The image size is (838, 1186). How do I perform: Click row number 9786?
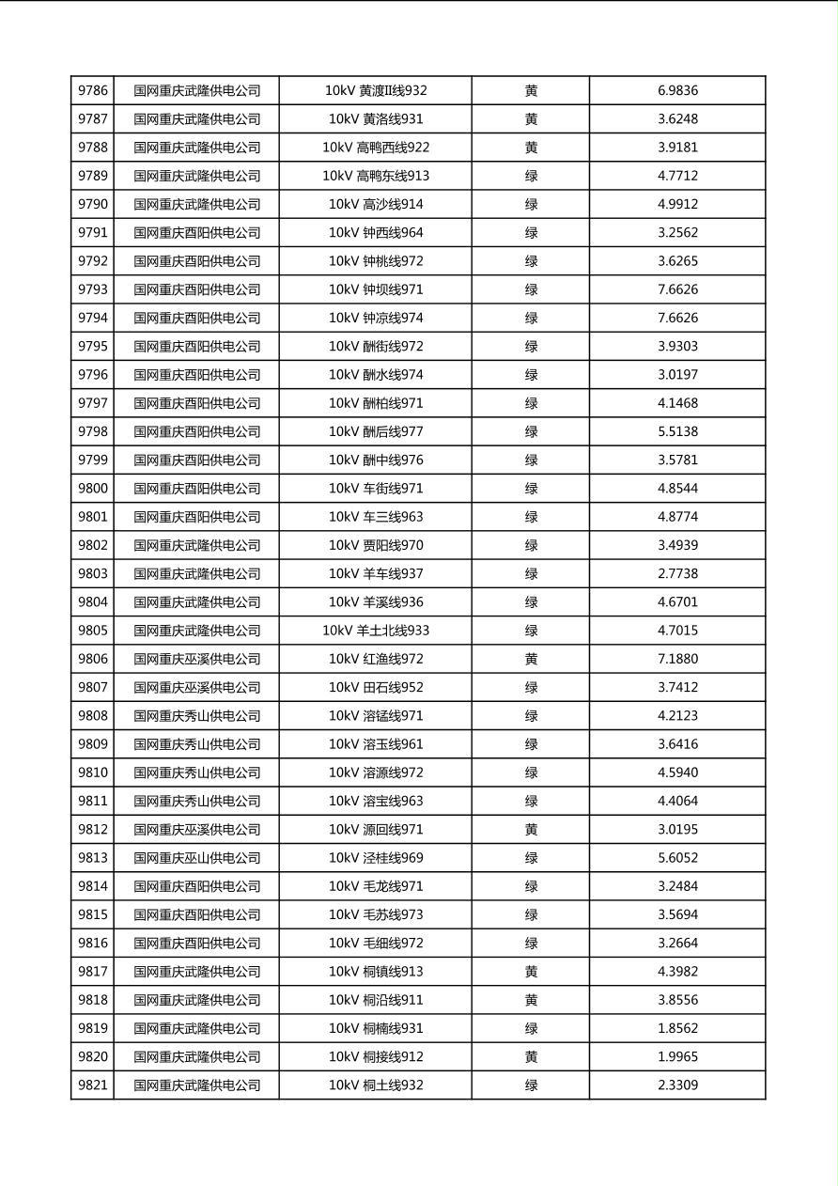pos(93,91)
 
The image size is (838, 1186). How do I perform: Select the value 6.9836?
pos(677,91)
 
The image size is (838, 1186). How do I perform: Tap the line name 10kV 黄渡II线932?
pos(376,91)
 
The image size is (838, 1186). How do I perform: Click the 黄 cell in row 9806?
pos(531,659)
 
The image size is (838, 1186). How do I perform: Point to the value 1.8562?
pos(677,1028)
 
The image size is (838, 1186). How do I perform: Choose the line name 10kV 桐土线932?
pos(376,1085)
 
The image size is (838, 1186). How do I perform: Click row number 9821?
pos(93,1085)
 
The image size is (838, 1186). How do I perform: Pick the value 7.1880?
pos(677,659)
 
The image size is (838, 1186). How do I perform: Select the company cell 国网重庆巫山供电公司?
pos(196,858)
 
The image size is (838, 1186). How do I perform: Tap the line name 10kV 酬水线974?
pos(376,375)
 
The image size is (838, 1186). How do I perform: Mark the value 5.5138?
pos(677,431)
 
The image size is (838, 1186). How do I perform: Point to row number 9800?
pos(93,489)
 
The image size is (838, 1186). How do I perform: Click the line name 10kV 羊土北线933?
pos(376,631)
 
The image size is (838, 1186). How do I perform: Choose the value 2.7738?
pos(677,573)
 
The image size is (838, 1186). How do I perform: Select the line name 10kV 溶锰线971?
pos(376,716)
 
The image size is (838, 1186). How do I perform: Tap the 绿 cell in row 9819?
pos(531,1028)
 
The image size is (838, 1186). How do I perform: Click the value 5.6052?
pos(677,858)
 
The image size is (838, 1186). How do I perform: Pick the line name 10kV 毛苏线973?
pos(376,914)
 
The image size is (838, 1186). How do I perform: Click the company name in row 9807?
pos(196,687)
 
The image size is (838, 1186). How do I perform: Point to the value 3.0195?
pos(677,830)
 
